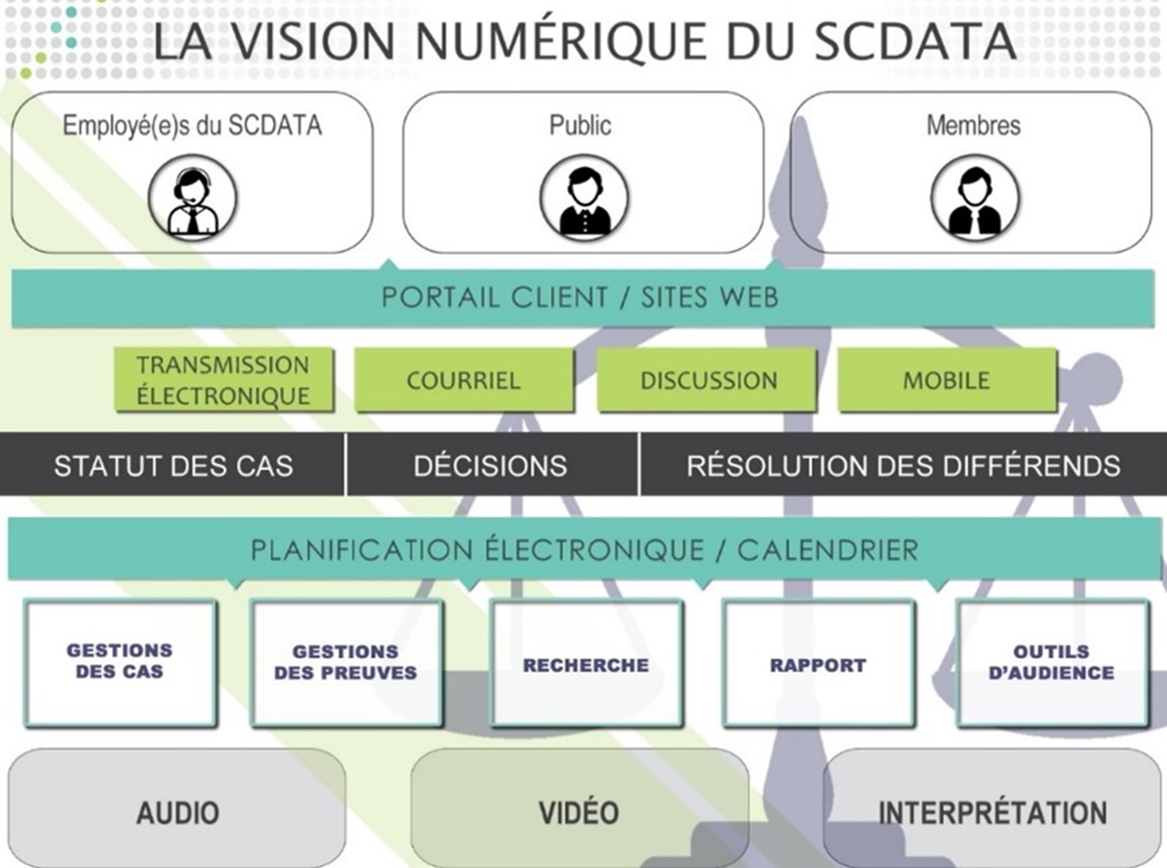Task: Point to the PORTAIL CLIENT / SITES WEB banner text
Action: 579,297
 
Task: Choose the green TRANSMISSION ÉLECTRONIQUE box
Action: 224,380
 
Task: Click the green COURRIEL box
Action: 463,380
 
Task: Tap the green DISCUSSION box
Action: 708,380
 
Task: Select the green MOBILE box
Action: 946,380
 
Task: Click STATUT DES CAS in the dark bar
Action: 173,466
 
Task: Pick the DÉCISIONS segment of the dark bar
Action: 490,466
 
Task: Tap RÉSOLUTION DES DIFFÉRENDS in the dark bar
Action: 903,466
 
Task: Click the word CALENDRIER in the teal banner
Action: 827,549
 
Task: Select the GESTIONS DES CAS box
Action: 120,661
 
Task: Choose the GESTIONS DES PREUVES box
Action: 346,662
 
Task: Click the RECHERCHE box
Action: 586,665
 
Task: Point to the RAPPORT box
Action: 817,665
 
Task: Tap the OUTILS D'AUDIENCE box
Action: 1052,662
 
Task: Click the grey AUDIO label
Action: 178,813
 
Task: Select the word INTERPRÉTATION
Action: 993,813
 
